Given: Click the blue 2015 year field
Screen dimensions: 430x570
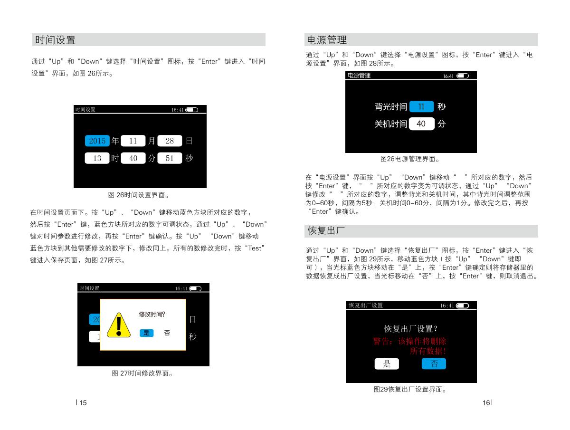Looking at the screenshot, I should (x=97, y=141).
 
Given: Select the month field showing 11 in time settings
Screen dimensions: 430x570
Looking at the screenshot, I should (x=133, y=141).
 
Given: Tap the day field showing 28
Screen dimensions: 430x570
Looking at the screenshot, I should (x=170, y=141).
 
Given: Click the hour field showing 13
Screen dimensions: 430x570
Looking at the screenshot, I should (x=97, y=158).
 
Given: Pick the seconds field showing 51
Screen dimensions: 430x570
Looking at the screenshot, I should (x=170, y=158).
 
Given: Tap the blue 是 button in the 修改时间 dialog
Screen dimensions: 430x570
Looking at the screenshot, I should (x=146, y=333).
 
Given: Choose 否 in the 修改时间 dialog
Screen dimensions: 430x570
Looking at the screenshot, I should (x=167, y=333).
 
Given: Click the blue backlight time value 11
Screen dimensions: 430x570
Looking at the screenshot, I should (x=421, y=107).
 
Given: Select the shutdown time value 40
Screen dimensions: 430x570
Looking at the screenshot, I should (x=421, y=124).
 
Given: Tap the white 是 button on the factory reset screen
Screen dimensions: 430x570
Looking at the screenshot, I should (x=387, y=364).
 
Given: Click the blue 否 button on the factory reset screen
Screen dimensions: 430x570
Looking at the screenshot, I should (x=434, y=364).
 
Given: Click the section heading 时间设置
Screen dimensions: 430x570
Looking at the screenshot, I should (x=55, y=40).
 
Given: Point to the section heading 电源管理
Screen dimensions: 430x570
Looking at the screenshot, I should (x=327, y=40).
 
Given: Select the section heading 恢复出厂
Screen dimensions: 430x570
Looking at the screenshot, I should (x=326, y=231).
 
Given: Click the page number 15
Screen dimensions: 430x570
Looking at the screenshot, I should (x=83, y=403).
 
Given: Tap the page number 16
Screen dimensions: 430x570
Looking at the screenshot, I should (x=486, y=403).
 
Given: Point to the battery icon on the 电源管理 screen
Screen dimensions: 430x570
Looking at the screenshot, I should (x=462, y=76).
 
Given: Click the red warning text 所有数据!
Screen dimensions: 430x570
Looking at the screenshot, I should (x=428, y=351).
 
